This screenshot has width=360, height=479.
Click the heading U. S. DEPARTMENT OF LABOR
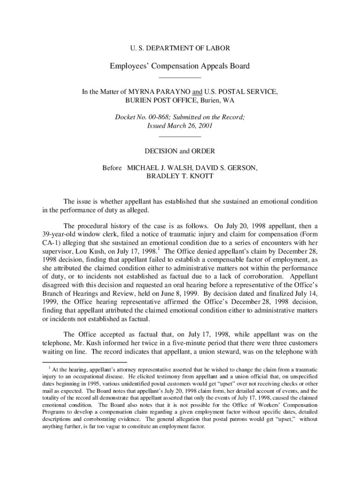pos(180,48)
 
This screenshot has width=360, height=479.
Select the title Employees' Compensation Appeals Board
pos(180,66)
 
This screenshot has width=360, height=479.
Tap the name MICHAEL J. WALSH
pos(158,167)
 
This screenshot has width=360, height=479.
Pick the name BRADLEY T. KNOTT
pos(180,176)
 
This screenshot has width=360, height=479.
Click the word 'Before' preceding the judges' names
pos(112,167)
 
